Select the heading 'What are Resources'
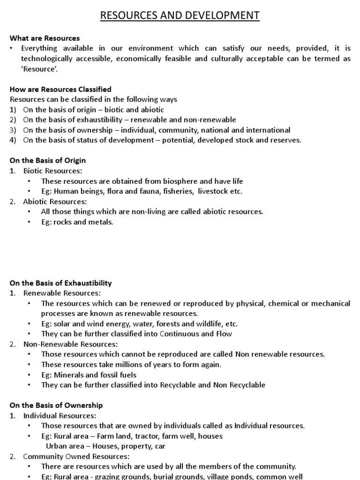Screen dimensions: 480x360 click(45, 38)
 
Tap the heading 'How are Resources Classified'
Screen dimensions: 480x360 click(60, 89)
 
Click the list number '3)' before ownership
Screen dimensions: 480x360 click(13, 130)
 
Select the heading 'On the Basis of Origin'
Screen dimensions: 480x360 click(48, 160)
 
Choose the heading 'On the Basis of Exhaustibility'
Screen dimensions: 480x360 click(61, 283)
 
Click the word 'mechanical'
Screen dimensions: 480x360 click(330, 303)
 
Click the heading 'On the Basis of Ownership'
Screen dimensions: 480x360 click(56, 405)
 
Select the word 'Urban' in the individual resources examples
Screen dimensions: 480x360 click(55, 446)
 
